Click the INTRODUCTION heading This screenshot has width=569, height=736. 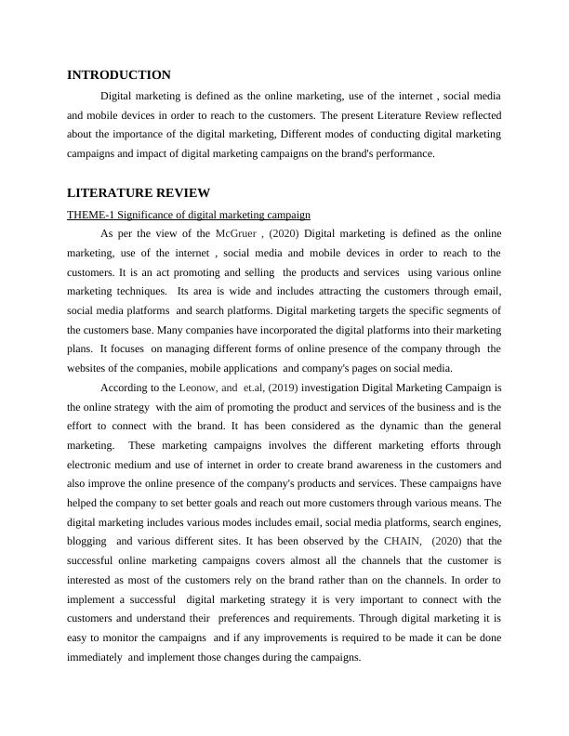pyautogui.click(x=119, y=75)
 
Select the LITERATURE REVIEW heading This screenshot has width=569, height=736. pyautogui.click(x=139, y=193)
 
